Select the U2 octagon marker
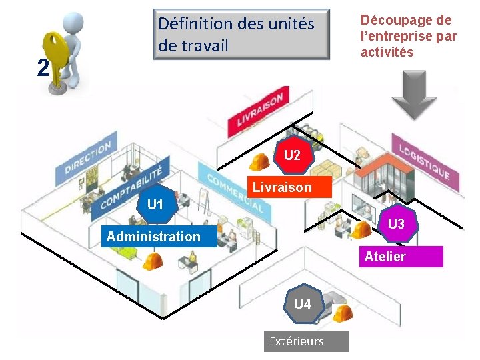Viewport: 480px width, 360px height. click(292, 156)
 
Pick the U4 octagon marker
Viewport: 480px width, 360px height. click(302, 305)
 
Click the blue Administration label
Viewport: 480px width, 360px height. click(153, 237)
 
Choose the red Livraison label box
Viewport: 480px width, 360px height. click(282, 187)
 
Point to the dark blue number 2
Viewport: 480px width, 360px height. click(43, 68)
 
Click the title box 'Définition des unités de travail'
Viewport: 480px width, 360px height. click(241, 34)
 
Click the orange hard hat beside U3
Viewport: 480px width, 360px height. click(361, 230)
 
